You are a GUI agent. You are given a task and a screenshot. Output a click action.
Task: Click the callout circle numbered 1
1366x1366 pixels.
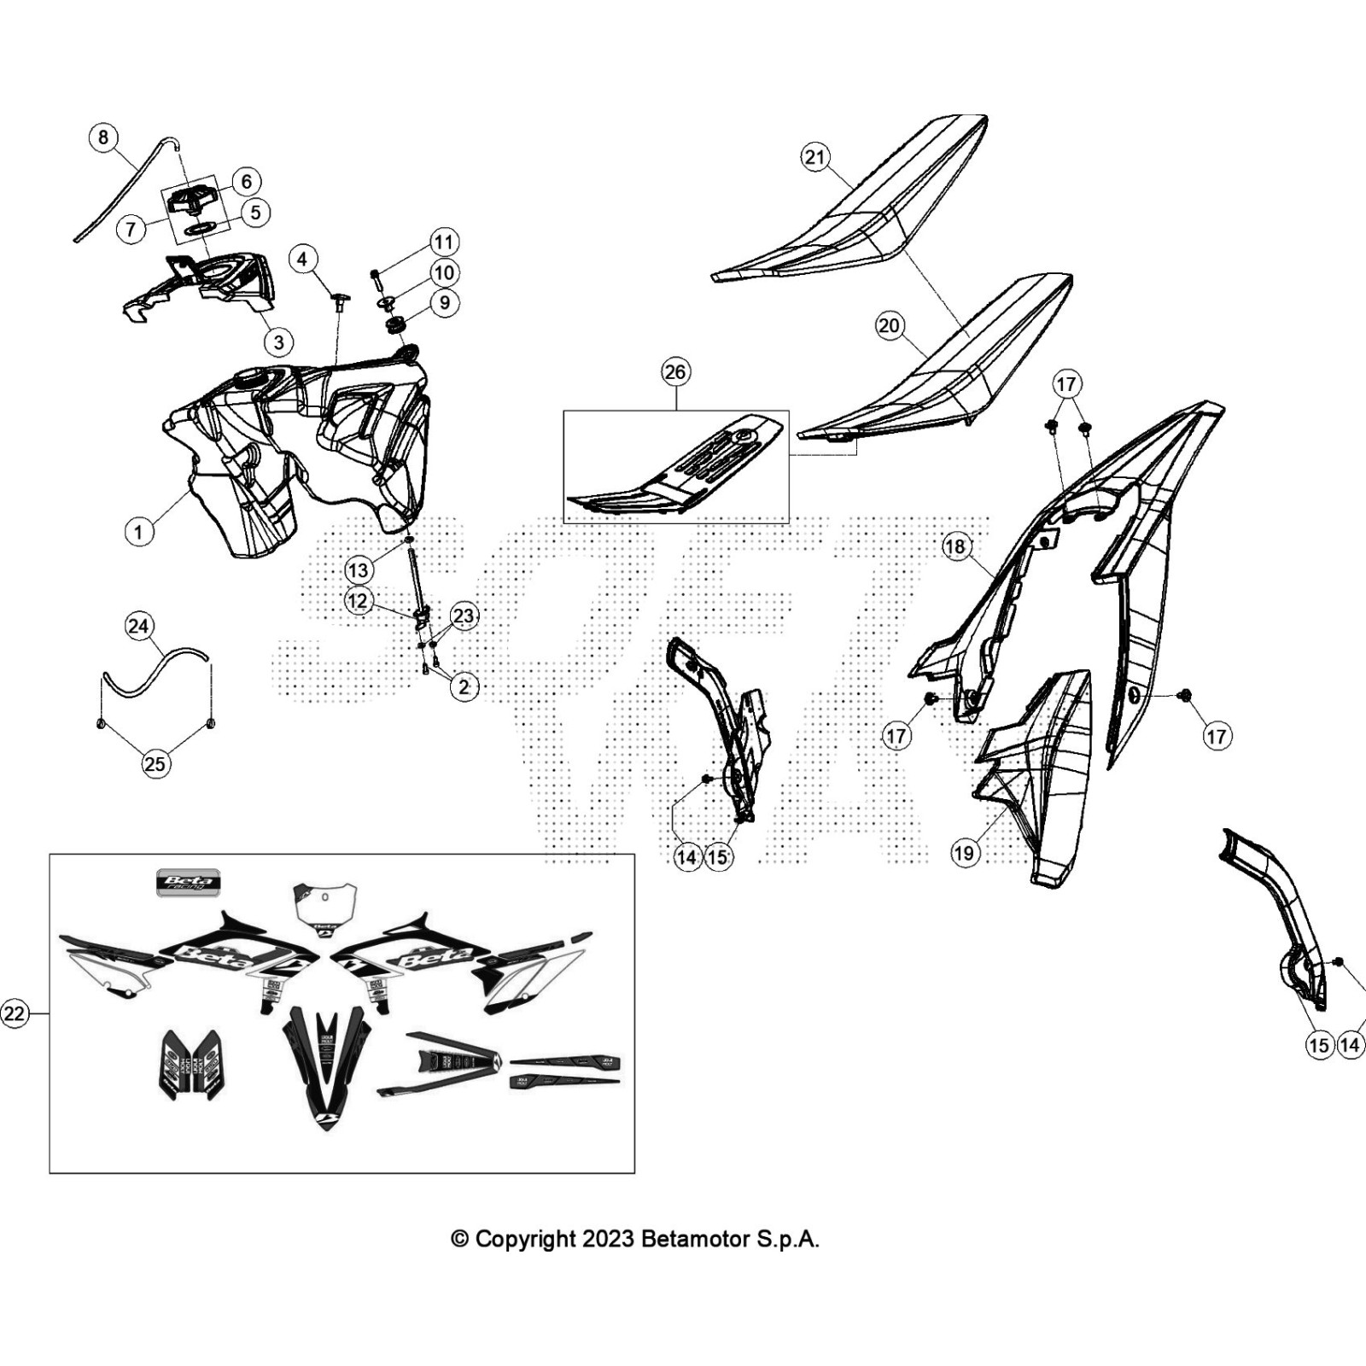click(x=139, y=532)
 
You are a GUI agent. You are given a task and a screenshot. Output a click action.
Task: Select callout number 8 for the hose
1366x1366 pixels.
click(x=103, y=137)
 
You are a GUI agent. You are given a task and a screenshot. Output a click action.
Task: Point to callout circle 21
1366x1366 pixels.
click(x=816, y=157)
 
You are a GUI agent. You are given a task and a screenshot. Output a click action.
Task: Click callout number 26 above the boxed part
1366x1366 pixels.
click(x=675, y=372)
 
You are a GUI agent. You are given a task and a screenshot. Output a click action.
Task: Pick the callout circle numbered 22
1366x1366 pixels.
click(x=15, y=1013)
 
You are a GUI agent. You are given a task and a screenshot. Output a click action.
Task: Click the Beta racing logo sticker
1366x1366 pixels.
click(x=188, y=883)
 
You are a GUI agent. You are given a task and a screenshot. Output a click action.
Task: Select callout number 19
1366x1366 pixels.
click(x=965, y=852)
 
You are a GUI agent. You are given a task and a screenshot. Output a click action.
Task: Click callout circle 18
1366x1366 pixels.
click(x=955, y=546)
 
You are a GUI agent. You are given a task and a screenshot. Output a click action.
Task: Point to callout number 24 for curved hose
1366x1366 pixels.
click(x=137, y=627)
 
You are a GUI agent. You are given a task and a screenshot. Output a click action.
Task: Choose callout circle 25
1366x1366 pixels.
click(x=155, y=763)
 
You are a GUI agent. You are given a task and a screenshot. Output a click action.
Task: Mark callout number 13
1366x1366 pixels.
click(x=359, y=570)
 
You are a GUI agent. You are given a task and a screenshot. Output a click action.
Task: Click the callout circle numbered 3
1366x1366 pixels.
click(x=278, y=342)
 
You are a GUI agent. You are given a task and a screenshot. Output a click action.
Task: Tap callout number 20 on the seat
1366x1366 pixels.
click(x=890, y=325)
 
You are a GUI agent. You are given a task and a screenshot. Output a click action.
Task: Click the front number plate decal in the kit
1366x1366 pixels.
click(x=324, y=910)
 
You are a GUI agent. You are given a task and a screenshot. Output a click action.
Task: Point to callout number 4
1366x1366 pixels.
click(x=303, y=259)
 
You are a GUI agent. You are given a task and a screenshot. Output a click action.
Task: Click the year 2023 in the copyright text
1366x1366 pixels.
click(x=608, y=1239)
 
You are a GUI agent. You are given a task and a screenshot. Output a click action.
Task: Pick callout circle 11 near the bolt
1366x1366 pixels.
click(x=444, y=242)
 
